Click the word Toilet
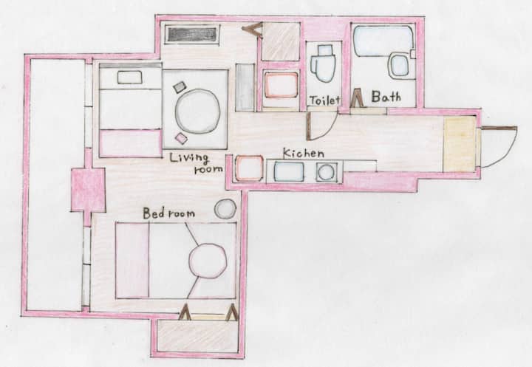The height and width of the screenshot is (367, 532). point(324,100)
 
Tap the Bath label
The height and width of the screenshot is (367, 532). point(386,97)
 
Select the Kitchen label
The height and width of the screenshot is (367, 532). point(304,154)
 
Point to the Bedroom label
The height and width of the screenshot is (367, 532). point(168,213)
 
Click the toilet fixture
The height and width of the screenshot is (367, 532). point(323,64)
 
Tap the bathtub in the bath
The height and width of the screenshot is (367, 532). point(383,40)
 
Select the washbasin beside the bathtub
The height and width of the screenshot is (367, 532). point(399,66)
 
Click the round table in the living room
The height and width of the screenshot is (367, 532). point(197,111)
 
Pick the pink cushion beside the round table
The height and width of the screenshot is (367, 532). point(182,138)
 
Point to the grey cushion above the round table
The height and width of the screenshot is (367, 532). point(179,87)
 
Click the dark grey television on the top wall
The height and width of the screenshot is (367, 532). point(192,35)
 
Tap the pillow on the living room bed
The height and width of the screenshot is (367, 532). point(129,78)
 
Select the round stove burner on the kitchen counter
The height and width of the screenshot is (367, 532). point(327,172)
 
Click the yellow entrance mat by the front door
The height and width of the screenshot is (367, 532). point(460,144)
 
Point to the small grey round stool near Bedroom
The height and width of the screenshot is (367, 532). point(225,208)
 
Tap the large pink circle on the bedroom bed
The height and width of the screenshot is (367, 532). point(208,261)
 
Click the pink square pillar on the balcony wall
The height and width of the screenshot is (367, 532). point(88,190)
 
